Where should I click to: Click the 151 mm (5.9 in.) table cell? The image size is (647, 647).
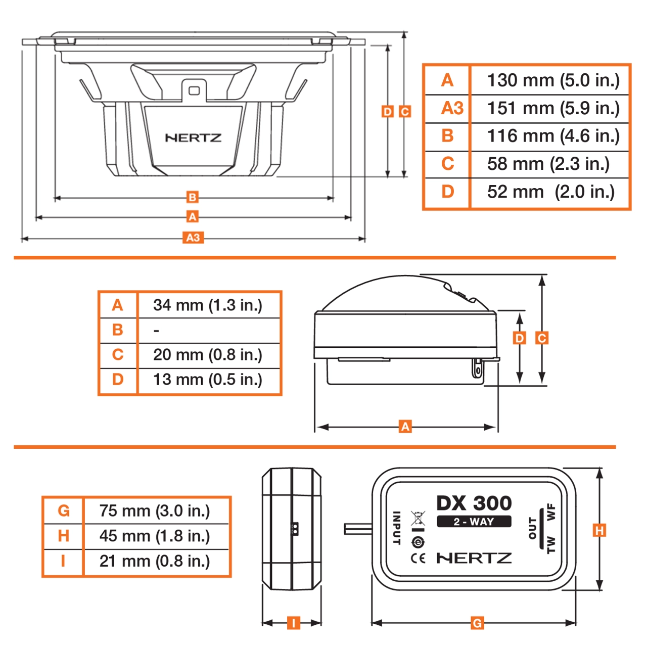tap(553, 108)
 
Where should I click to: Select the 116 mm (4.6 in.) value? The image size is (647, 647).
tap(553, 136)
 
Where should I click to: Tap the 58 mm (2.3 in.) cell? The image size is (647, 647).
tap(548, 164)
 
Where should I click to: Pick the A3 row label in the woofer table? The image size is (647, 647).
tap(452, 108)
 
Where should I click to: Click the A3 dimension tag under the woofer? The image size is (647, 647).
tap(193, 238)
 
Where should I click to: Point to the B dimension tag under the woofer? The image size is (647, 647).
tap(192, 197)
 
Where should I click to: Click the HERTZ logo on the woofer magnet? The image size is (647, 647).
tap(193, 137)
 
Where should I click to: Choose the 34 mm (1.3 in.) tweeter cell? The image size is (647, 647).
tap(207, 305)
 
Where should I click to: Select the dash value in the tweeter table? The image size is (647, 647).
tap(157, 331)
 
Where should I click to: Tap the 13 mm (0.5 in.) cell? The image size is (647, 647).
tap(207, 380)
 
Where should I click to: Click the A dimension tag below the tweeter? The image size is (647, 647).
tap(405, 427)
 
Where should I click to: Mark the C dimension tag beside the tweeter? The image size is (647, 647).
tap(542, 338)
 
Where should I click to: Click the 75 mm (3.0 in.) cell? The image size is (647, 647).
tap(154, 511)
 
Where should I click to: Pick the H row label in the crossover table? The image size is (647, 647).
tap(63, 536)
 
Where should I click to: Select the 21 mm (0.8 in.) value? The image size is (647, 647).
tap(154, 561)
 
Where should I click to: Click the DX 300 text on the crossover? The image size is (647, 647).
tap(474, 503)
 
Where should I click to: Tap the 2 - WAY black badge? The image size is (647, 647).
tap(474, 522)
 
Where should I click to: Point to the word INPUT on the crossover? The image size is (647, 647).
tap(397, 528)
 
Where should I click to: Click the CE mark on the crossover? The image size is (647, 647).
tap(418, 559)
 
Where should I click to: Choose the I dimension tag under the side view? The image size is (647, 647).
tap(293, 623)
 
